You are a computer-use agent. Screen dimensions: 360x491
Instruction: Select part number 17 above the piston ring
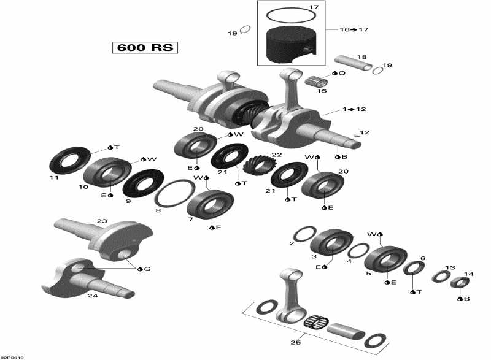click(x=314, y=7)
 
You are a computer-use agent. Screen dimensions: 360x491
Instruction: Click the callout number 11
click(x=54, y=178)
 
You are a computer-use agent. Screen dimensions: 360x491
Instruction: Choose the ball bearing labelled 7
click(x=210, y=203)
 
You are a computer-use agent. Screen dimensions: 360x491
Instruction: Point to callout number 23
click(x=102, y=221)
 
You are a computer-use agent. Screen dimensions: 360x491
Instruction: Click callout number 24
click(x=92, y=296)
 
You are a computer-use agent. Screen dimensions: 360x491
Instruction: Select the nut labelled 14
click(x=460, y=283)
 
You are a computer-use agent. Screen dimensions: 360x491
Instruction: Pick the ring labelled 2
click(x=304, y=234)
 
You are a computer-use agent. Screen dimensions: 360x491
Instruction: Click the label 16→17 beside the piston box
click(x=354, y=29)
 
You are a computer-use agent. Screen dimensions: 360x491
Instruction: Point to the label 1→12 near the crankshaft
click(x=354, y=109)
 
